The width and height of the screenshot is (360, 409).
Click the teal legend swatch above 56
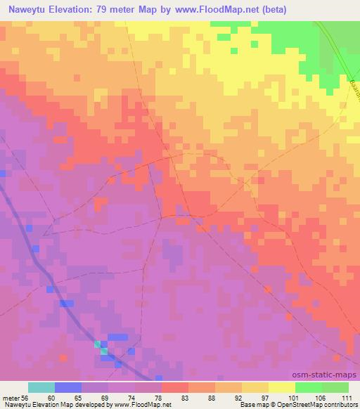point(41,387)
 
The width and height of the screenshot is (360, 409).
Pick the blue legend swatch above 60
point(68,387)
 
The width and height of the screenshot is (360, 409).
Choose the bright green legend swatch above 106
point(309,387)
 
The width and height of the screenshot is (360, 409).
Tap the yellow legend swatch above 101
point(282,387)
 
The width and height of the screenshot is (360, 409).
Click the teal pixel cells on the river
point(101,346)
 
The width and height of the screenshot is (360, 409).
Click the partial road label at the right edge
point(354,88)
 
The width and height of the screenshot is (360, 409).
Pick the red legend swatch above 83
point(175,387)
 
